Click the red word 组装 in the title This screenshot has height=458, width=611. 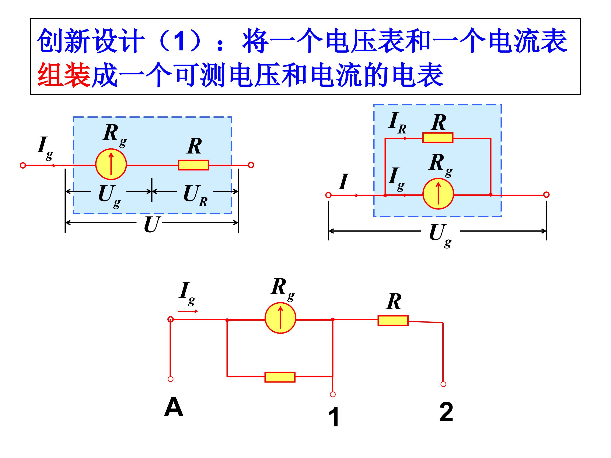coord(64,75)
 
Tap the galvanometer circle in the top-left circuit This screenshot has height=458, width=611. coord(111,165)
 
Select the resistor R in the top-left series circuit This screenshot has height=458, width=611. coord(193,165)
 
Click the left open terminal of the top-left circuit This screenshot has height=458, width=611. coord(23,165)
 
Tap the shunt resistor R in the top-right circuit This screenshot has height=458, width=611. coord(438,138)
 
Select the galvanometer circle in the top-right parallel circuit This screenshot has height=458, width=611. coord(438,194)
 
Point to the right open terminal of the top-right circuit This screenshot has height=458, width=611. coord(546,195)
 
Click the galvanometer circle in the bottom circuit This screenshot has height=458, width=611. coord(280,318)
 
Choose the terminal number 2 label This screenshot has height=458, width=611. coord(446,412)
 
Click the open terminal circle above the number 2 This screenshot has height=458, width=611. coord(443,384)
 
